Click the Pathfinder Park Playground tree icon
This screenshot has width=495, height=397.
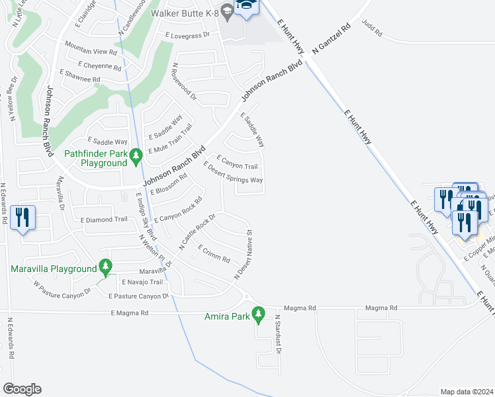[136, 157]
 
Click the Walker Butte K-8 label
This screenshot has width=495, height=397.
[184, 13]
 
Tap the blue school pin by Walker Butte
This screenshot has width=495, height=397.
[246, 8]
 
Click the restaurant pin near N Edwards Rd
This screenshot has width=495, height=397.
[22, 217]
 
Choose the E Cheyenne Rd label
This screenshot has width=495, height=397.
[99, 66]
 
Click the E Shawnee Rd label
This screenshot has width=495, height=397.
[79, 79]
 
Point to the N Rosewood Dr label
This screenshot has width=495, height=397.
[185, 81]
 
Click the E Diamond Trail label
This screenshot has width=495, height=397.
[103, 220]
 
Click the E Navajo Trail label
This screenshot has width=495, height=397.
[141, 282]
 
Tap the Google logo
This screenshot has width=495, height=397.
[22, 389]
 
